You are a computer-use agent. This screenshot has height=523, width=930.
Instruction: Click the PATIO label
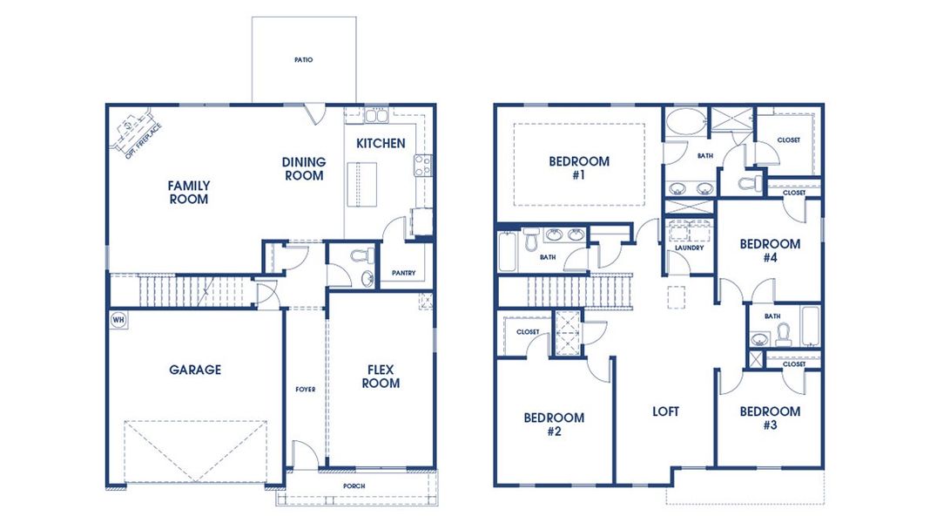303,60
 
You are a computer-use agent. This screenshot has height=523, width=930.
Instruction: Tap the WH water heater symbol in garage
118,320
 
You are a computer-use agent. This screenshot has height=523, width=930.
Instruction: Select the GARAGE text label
195,370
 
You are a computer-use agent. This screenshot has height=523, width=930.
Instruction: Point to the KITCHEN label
381,143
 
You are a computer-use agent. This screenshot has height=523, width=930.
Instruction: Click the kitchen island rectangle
358,185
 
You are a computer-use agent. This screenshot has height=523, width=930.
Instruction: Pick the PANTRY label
403,273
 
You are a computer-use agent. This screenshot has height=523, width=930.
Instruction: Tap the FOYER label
306,389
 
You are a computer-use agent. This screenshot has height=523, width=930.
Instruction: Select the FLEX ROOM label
381,377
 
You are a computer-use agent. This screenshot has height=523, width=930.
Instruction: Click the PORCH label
354,486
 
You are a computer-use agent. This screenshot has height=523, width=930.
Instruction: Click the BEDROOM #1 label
579,167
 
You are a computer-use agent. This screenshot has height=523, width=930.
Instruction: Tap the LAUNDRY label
689,248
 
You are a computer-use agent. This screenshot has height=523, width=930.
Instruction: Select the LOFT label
665,411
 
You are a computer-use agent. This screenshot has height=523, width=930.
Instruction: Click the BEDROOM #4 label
770,251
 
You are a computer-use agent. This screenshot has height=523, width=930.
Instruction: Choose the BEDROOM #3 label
770,418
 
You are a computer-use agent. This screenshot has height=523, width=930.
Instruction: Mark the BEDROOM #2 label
554,424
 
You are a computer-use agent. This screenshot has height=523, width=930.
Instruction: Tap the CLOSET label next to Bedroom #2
528,332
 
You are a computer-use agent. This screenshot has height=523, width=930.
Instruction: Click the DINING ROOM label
304,168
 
